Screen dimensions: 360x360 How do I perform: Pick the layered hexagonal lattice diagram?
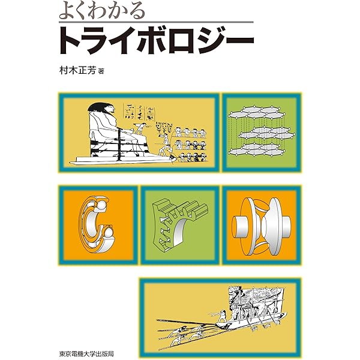(262, 133)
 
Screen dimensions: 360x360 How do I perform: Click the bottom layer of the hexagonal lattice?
(262, 148)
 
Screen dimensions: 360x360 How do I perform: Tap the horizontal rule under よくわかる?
(155, 23)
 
